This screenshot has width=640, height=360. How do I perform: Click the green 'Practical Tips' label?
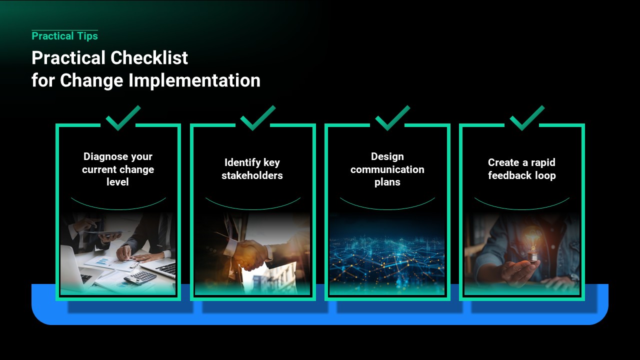click(65, 36)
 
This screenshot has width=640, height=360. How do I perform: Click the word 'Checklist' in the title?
click(149, 57)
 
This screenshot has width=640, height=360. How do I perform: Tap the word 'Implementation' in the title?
click(194, 80)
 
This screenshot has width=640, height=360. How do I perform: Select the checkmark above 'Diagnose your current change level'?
click(123, 118)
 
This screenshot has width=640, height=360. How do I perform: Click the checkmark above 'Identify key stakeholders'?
click(258, 118)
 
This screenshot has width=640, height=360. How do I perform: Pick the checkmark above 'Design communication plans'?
click(392, 118)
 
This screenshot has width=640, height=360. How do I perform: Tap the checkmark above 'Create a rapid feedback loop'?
click(527, 118)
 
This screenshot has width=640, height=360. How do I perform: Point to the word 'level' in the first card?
click(117, 182)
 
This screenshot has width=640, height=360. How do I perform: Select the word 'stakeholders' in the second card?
click(252, 175)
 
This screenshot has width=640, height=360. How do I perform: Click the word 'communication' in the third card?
click(387, 169)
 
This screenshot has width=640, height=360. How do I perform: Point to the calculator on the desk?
click(140, 277)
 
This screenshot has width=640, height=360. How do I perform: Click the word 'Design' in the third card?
click(387, 157)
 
